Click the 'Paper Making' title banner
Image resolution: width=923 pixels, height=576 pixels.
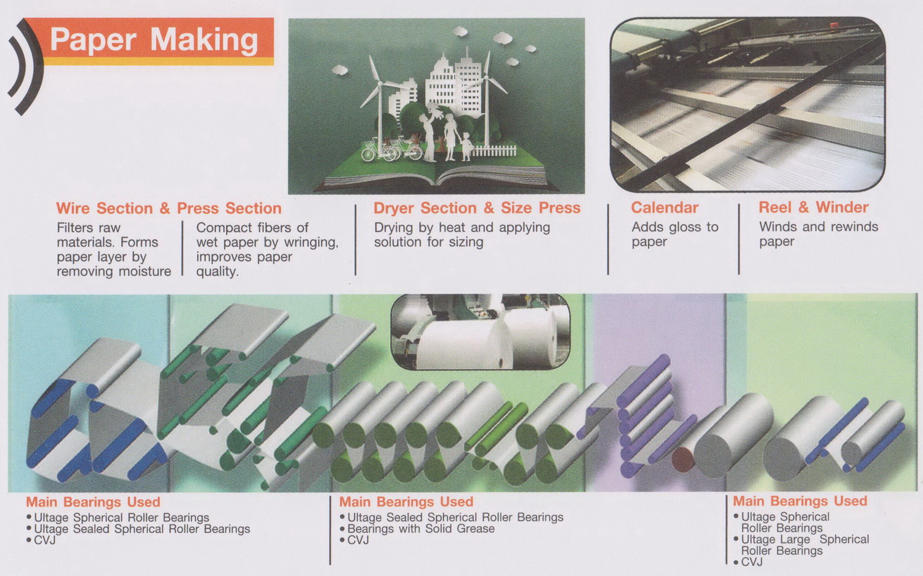tap(149, 41)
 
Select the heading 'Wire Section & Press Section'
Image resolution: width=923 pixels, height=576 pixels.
tap(169, 209)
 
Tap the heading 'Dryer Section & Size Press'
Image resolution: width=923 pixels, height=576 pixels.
tap(477, 208)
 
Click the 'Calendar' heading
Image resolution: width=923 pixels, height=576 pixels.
tap(665, 207)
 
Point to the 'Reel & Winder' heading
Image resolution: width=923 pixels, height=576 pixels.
tap(813, 207)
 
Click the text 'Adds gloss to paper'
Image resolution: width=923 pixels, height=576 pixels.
tap(675, 234)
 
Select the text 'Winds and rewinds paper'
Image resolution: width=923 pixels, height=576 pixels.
tap(818, 234)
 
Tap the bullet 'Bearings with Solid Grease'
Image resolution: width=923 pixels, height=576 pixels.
tap(417, 529)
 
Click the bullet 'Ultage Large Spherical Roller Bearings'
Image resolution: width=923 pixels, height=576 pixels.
tap(801, 545)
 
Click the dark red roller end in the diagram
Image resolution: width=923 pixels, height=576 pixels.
tap(683, 460)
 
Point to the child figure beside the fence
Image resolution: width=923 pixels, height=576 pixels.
tap(466, 146)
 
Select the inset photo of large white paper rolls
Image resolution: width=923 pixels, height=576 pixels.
tap(481, 332)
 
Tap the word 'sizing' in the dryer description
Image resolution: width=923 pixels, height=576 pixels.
tap(466, 242)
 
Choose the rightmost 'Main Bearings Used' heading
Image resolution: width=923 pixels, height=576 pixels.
tap(800, 501)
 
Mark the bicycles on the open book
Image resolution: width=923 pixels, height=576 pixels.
tap(391, 149)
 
